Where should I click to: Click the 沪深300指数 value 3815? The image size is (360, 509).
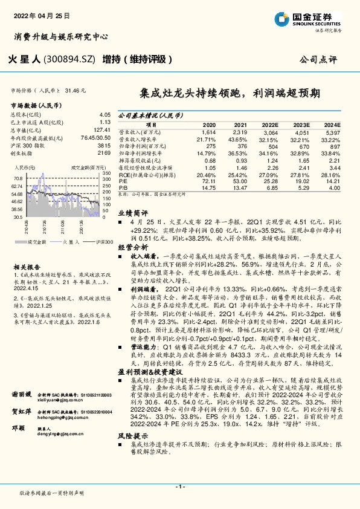click(103, 146)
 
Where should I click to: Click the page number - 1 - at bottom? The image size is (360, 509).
click(179, 487)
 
